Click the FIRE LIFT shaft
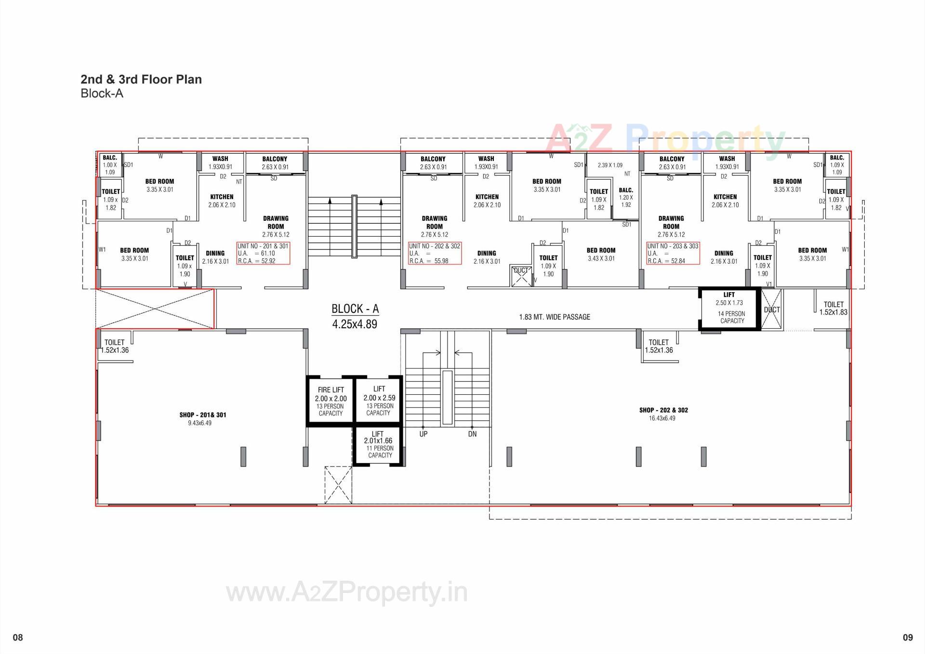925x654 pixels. coord(330,401)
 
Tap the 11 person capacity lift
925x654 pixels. coord(378,445)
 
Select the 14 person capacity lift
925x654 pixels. coord(730,308)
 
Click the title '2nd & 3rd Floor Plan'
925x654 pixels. coord(141,80)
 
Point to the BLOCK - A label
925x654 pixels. coord(355,316)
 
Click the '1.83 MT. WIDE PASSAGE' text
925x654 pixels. coord(555,317)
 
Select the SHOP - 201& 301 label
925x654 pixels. coord(202,415)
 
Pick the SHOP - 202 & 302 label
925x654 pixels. coord(663,410)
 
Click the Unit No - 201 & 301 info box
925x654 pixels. coord(263,254)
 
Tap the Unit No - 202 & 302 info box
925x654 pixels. coord(435,254)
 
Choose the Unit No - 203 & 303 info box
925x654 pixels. coord(673,254)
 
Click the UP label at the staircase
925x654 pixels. coord(423,434)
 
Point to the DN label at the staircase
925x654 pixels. coord(472,434)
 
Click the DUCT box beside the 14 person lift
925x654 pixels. coord(772,310)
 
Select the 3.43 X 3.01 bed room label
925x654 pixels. coord(601,254)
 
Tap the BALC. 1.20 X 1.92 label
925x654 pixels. coord(626,198)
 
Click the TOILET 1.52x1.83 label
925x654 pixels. coord(833,308)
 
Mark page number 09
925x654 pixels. coord(908,638)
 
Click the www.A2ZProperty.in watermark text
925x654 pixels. coord(347,593)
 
